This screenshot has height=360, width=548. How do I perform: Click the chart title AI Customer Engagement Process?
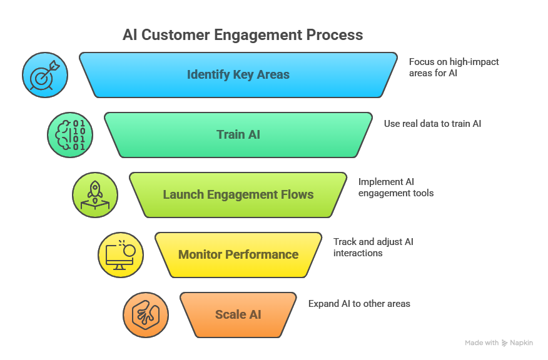pyautogui.click(x=242, y=34)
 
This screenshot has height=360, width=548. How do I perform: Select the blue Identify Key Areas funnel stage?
pyautogui.click(x=238, y=75)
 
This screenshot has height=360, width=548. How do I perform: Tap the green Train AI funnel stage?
pyautogui.click(x=238, y=135)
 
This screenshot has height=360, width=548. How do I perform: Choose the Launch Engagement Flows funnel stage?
pyautogui.click(x=238, y=195)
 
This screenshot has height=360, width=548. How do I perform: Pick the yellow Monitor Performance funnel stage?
pyautogui.click(x=238, y=255)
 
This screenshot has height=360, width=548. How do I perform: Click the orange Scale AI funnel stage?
pyautogui.click(x=238, y=314)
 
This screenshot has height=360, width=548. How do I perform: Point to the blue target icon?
pyautogui.click(x=45, y=75)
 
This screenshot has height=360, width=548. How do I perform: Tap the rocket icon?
pyautogui.click(x=95, y=195)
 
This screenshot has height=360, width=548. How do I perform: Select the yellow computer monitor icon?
pyautogui.click(x=121, y=255)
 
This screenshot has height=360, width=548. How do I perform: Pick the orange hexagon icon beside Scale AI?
pyautogui.click(x=146, y=314)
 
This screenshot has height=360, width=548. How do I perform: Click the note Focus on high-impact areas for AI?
pyautogui.click(x=454, y=67)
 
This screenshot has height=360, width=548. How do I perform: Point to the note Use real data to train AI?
pyautogui.click(x=432, y=124)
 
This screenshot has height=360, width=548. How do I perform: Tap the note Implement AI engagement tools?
pyautogui.click(x=396, y=187)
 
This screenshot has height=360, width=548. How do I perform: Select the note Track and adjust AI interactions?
pyautogui.click(x=373, y=247)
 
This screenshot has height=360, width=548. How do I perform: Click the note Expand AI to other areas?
pyautogui.click(x=359, y=304)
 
